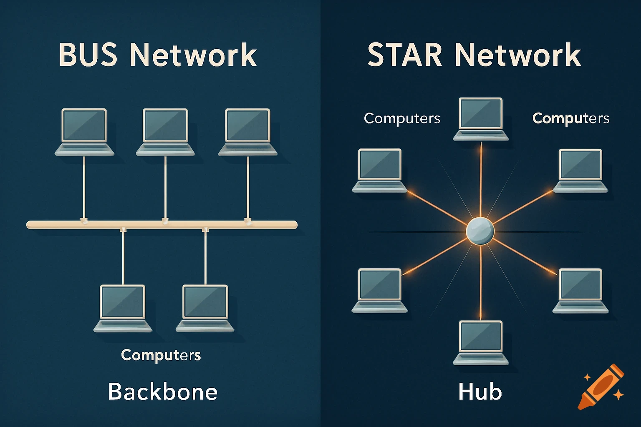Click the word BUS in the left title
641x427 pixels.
[88, 55]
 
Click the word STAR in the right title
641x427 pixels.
[404, 55]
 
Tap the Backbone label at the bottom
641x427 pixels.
[163, 392]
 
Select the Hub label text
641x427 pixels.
[480, 392]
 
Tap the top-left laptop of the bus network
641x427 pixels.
[84, 132]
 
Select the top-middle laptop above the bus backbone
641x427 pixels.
[165, 132]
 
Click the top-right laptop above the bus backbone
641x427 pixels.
[248, 132]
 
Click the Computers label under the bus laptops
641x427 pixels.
[161, 355]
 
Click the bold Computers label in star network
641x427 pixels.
[571, 118]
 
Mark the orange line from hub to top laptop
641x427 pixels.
[481, 179]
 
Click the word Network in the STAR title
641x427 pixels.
[517, 55]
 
